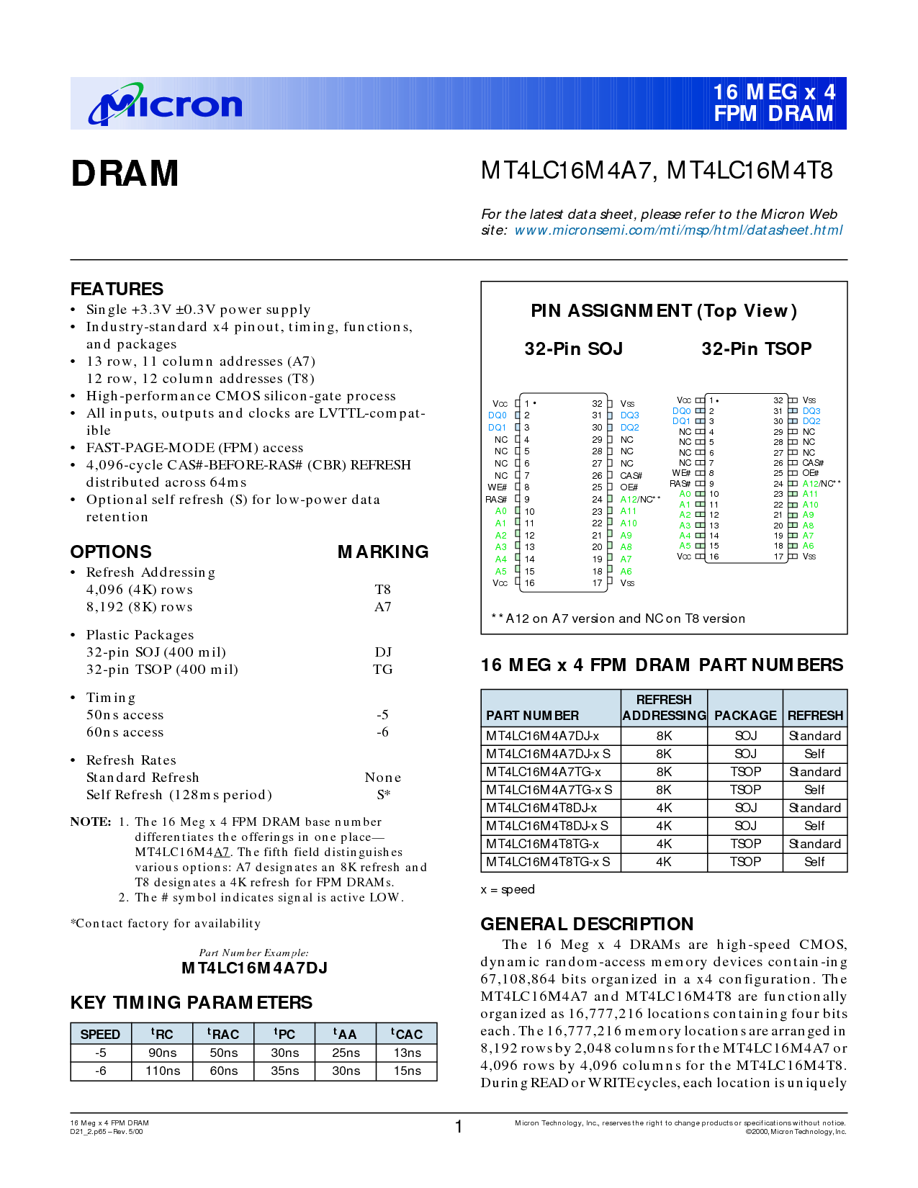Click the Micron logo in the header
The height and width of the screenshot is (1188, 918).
(x=165, y=105)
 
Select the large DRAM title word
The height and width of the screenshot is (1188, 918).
(x=125, y=174)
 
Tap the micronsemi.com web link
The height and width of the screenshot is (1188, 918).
(x=678, y=230)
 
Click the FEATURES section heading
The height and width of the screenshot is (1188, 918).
(x=117, y=289)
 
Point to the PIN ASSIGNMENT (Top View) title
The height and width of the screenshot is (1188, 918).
(x=663, y=311)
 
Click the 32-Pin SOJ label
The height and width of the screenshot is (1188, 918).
(x=573, y=349)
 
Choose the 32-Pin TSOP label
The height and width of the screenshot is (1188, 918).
(x=756, y=349)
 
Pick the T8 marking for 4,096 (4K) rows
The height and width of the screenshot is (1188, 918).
(x=382, y=590)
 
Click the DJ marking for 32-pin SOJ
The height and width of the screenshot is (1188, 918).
(x=382, y=652)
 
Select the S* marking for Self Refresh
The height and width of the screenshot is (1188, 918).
(x=383, y=795)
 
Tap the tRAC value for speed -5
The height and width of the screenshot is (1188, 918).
(x=223, y=1053)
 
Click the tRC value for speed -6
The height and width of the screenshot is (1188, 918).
(x=163, y=1071)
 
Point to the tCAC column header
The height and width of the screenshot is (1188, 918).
(x=407, y=1034)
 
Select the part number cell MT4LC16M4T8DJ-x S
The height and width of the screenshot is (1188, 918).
(x=547, y=826)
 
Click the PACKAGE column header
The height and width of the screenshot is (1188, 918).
(x=745, y=716)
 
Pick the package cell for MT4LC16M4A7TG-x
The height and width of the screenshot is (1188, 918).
(x=745, y=772)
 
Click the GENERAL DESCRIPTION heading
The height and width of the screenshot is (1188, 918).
(x=587, y=924)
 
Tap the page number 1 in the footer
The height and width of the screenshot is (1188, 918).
(x=459, y=1127)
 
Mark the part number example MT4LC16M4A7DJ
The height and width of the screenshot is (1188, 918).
(x=254, y=968)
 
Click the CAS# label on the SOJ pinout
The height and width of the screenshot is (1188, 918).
(x=631, y=476)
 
